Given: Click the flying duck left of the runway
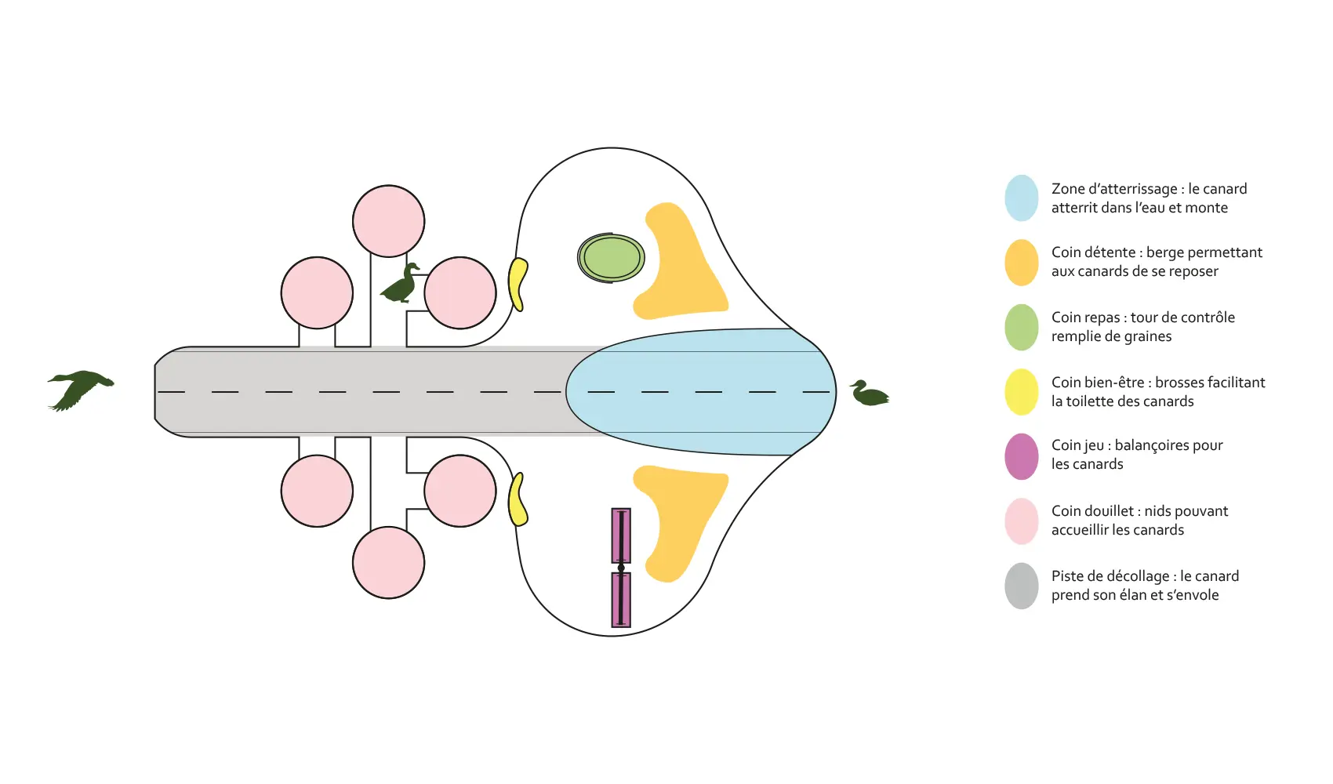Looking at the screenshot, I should pos(80,388).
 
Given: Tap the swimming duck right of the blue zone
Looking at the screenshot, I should pos(870,394).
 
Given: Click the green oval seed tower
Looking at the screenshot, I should pos(612,258).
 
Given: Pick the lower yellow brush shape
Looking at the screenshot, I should pos(517,499).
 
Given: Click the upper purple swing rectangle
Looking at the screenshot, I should pos(621,535).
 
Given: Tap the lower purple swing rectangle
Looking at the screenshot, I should pos(621,600).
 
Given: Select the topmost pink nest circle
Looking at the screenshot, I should pos(388,221).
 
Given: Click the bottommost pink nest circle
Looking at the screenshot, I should pos(388,563).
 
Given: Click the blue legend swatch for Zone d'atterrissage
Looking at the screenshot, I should pos(1022,198).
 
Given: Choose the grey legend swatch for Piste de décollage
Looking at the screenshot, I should pos(1022,586).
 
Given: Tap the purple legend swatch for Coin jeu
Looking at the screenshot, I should pos(1022,456).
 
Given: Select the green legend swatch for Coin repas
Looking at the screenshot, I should pos(1022,327).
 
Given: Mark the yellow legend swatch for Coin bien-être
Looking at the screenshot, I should pos(1022,392).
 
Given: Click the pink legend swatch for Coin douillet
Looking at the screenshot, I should pos(1022,521).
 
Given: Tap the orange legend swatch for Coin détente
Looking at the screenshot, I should pos(1022,263).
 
